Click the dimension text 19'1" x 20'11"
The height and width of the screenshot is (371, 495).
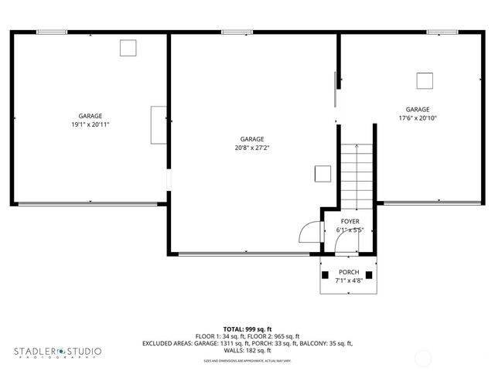(90, 124)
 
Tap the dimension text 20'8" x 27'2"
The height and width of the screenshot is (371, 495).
(252, 148)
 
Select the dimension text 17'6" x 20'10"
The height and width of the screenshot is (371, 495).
(418, 118)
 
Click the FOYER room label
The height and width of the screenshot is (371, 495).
(350, 222)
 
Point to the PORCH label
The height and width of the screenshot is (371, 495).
(349, 272)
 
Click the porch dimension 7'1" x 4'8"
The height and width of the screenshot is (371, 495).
(349, 281)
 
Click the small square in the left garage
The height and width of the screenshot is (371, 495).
(128, 48)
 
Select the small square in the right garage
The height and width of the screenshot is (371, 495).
(424, 80)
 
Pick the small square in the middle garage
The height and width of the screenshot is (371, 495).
(323, 174)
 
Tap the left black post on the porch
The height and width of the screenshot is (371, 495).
(326, 274)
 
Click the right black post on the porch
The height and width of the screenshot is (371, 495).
(369, 274)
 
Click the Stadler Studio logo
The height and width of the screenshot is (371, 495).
(57, 352)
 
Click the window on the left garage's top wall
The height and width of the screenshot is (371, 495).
(52, 32)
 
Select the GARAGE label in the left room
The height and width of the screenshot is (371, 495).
(90, 116)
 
